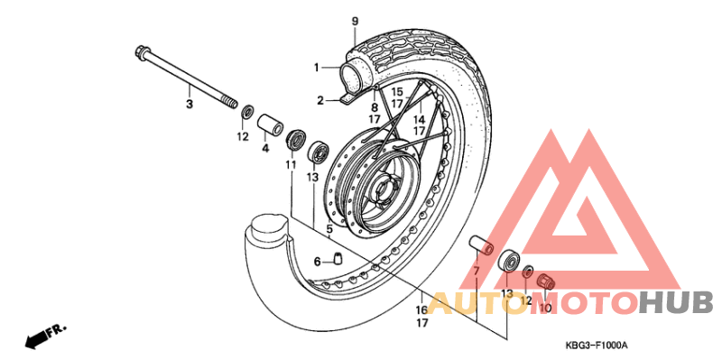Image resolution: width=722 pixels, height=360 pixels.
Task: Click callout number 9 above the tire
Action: pos(355,21)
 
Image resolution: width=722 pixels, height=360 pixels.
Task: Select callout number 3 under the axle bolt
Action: pos(190,105)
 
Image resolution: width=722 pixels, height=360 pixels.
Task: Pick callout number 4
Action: pos(265,148)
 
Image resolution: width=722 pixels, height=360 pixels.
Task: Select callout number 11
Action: pos(291,165)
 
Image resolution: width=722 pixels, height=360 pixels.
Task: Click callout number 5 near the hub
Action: pos(329,229)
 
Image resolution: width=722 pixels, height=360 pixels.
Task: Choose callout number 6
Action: pos(317,262)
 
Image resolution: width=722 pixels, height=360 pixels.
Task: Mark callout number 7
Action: pos(476,272)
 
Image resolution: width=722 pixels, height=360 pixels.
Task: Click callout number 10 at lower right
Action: pos(544,309)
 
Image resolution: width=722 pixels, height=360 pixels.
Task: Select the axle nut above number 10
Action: pos(545,282)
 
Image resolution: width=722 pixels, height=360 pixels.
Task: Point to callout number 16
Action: pos(421,309)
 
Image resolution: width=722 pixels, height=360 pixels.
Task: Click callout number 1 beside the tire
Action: pos(317,67)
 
